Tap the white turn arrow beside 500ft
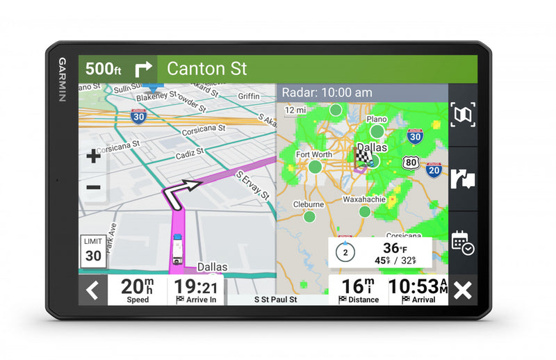click(x=144, y=69)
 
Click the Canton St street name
click(x=207, y=69)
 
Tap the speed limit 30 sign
click(x=93, y=249)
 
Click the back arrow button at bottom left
click(x=92, y=290)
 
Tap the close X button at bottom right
click(x=462, y=290)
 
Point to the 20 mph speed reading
click(x=137, y=289)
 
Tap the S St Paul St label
click(x=275, y=300)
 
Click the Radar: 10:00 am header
click(x=327, y=92)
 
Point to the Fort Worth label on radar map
click(x=313, y=154)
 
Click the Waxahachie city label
click(x=363, y=199)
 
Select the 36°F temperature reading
click(x=394, y=248)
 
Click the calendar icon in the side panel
click(x=462, y=242)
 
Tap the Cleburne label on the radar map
click(x=308, y=204)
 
